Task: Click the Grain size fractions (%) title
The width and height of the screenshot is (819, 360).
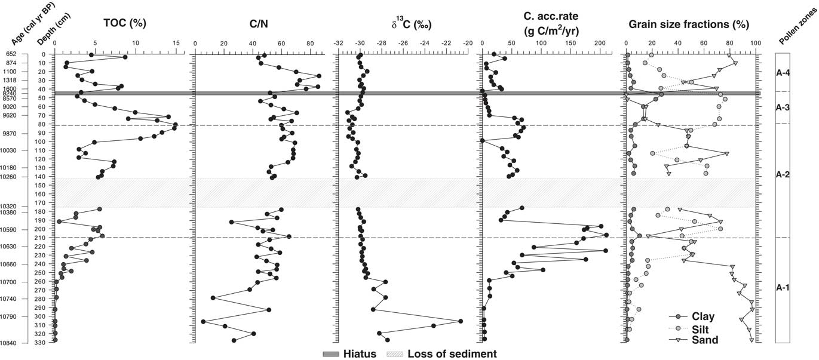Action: tap(688, 24)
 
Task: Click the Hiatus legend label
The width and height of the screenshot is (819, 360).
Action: tap(360, 354)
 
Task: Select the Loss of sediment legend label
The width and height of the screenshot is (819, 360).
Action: tap(452, 354)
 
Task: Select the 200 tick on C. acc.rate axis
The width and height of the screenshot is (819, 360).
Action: tap(599, 43)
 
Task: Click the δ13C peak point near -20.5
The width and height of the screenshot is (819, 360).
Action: tap(461, 321)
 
